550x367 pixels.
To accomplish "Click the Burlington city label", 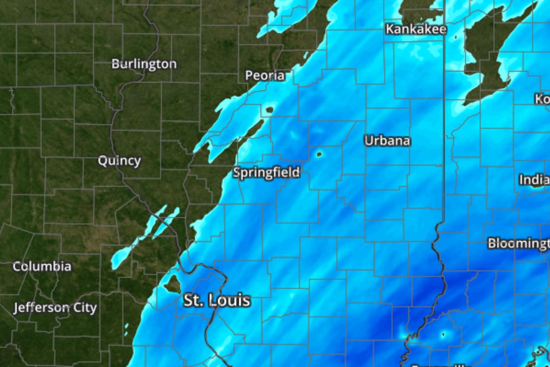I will [x=144, y=64].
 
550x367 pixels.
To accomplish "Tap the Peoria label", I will [x=265, y=76].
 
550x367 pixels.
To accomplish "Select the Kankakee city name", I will [x=416, y=30].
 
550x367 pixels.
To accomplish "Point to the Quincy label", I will [x=119, y=161].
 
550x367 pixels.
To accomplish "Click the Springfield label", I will [x=266, y=173].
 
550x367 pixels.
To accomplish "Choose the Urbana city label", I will [x=387, y=141].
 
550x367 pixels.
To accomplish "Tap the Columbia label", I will [x=42, y=267].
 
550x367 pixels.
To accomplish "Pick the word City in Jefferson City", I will [x=84, y=307].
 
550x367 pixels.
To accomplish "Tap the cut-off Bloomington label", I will [x=518, y=243].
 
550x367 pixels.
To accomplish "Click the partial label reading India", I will [x=534, y=180].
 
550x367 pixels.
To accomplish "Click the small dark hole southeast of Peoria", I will [x=269, y=110].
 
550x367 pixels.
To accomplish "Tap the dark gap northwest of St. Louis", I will [x=173, y=284].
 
